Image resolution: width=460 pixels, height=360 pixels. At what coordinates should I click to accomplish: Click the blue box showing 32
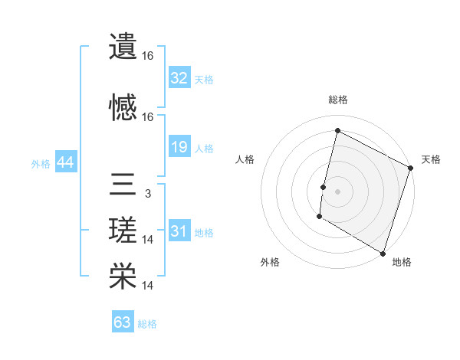(x=179, y=78)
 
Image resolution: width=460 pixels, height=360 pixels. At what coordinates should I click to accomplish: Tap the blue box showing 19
(x=179, y=147)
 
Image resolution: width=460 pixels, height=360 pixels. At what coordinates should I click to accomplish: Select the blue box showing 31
(x=179, y=231)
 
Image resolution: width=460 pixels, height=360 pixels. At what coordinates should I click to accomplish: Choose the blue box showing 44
(x=65, y=162)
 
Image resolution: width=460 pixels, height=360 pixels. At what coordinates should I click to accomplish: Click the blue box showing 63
(x=123, y=322)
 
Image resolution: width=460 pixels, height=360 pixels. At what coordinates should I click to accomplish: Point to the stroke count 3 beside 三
(x=147, y=194)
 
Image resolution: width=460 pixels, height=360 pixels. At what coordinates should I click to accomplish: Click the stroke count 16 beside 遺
(x=148, y=56)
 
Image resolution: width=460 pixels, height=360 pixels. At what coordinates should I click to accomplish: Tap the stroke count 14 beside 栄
(x=148, y=286)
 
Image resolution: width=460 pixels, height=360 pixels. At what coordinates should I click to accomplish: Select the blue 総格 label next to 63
(x=148, y=324)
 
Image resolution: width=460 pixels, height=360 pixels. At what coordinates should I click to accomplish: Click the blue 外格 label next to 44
(x=41, y=163)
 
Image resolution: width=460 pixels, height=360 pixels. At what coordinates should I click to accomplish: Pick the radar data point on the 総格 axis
(x=337, y=131)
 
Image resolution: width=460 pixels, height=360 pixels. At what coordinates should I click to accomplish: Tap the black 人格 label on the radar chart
(x=245, y=159)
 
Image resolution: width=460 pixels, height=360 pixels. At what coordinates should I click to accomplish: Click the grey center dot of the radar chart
(x=337, y=191)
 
